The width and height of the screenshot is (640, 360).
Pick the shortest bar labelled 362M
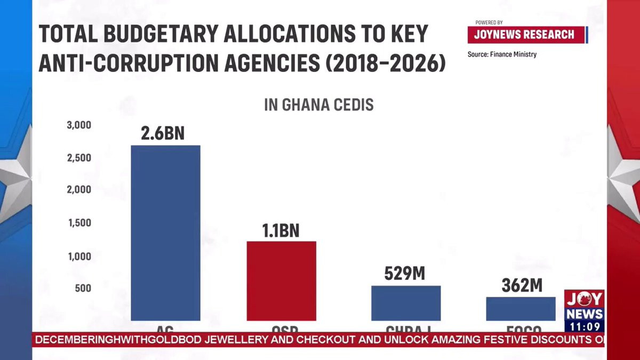click(521, 309)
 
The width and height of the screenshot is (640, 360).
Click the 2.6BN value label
click(163, 133)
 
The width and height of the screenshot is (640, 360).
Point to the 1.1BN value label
click(281, 230)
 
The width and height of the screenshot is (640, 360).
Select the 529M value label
click(405, 274)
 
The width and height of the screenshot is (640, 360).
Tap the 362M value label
click(522, 285)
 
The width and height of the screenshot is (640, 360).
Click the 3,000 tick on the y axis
click(79, 125)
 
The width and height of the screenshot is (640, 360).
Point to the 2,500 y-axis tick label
click(79, 158)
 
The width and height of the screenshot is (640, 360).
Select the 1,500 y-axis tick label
click(79, 223)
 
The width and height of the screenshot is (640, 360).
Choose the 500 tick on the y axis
click(83, 289)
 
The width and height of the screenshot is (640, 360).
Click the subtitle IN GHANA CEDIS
click(319, 105)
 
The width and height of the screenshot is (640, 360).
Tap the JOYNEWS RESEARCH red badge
click(524, 35)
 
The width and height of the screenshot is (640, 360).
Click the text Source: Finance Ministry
click(502, 54)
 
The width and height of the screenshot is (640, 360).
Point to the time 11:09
click(585, 326)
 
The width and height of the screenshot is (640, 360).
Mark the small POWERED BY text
click(489, 23)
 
